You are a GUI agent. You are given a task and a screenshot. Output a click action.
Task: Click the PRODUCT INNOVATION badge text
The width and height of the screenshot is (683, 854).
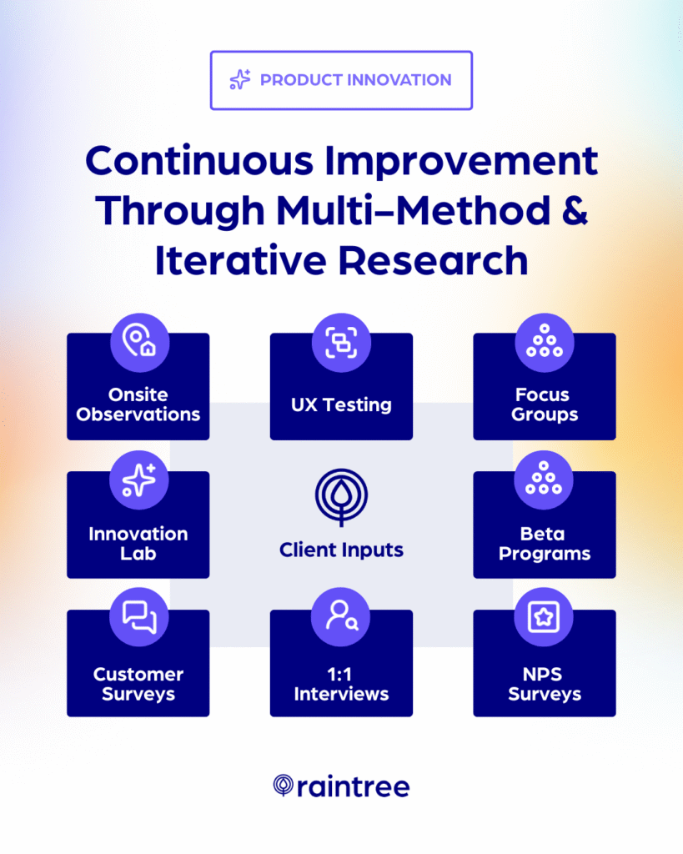pos(355,80)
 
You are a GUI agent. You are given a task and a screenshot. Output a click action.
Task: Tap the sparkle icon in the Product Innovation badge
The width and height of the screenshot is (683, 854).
pos(240,80)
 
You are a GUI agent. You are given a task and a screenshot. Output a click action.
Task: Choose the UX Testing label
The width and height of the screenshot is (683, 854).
pos(341,404)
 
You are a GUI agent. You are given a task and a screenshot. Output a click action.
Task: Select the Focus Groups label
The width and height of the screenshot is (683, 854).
pos(545,404)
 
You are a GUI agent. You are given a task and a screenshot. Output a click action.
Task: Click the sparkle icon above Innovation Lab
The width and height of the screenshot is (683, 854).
pos(138,480)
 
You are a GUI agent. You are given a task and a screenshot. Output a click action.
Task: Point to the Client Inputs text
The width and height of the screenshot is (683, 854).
pos(341,550)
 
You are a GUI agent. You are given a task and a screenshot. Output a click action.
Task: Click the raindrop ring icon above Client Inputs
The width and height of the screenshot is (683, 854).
pos(341,497)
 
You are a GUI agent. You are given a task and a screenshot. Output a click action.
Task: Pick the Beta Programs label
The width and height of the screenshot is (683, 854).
pos(545,543)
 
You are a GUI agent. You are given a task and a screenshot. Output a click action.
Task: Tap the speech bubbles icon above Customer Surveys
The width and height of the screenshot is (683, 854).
pos(138,618)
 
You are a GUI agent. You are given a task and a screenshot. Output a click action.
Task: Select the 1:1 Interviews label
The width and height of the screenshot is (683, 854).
pos(341,683)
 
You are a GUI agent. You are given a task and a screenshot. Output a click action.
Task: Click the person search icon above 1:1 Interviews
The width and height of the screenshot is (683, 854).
pos(341,618)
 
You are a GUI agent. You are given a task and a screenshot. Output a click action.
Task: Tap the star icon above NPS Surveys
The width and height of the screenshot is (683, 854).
pos(545,618)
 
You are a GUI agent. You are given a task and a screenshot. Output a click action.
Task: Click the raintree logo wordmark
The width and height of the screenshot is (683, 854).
pos(352,786)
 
